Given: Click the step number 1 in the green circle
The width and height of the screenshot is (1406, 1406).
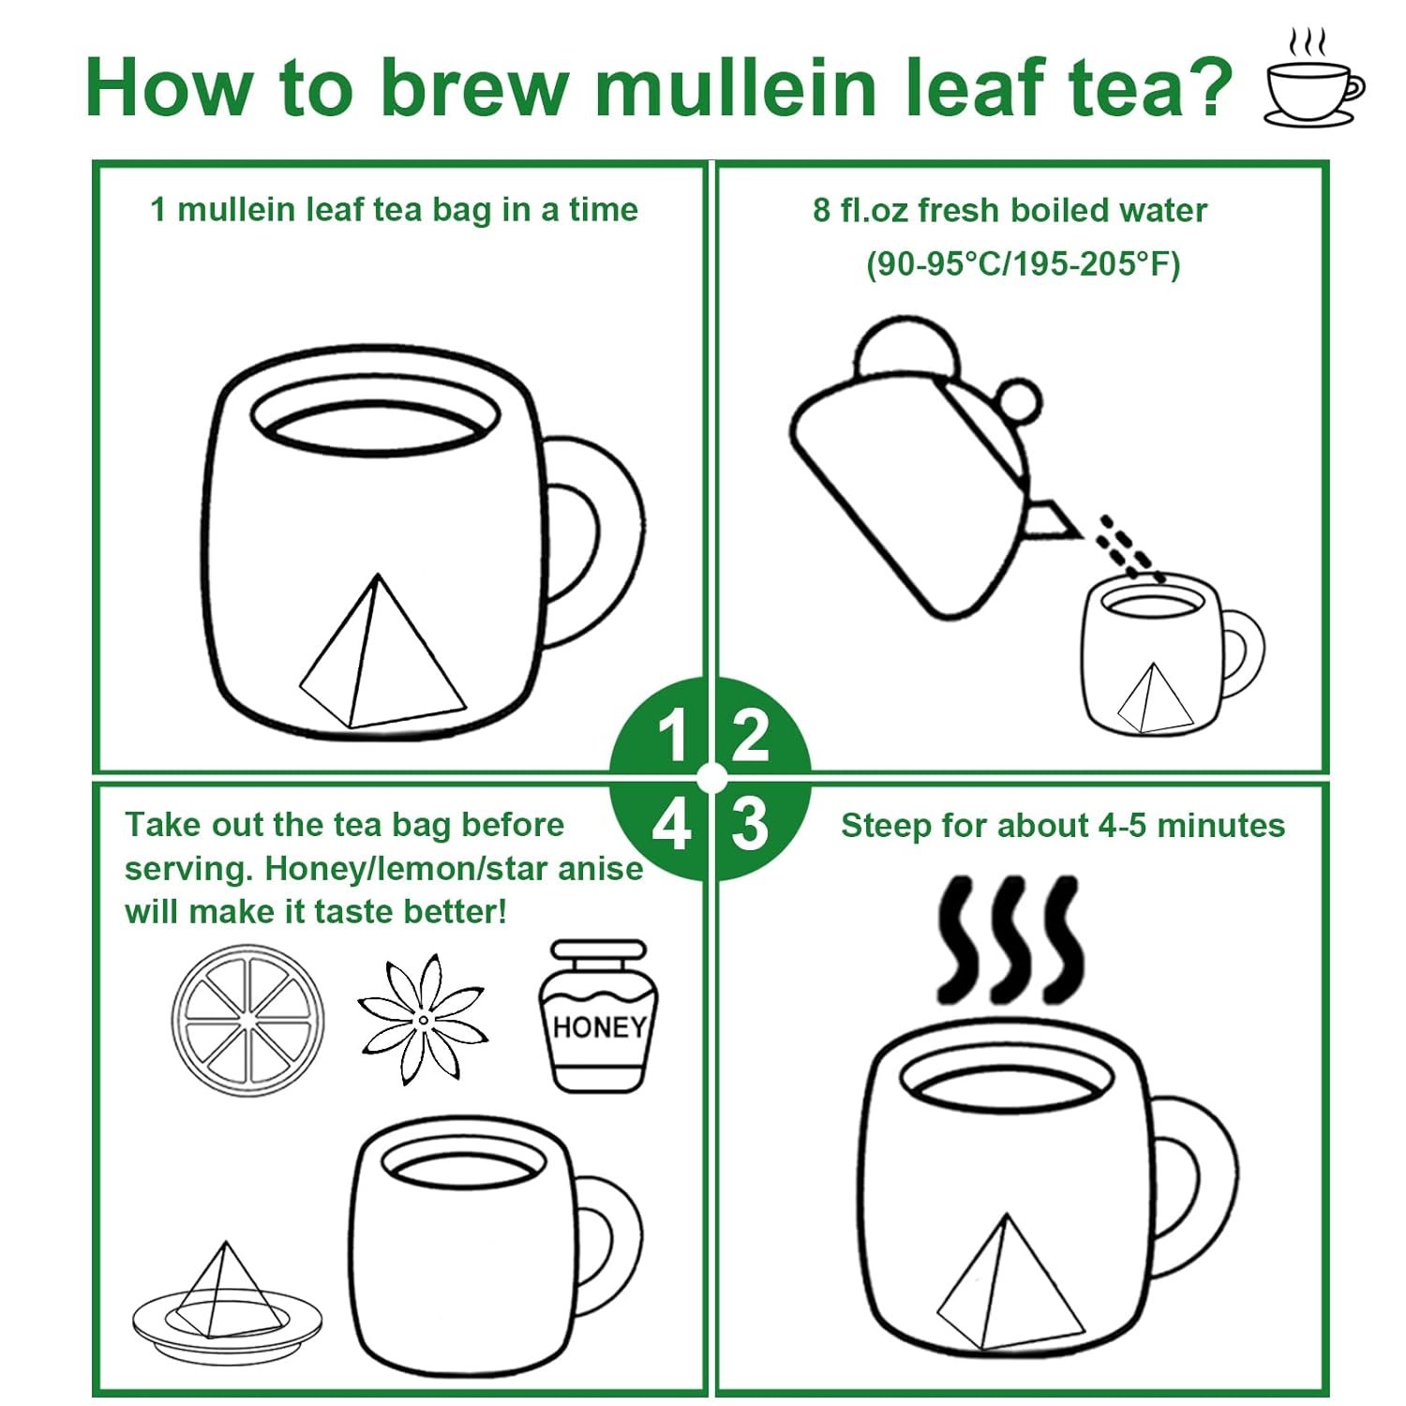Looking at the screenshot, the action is (x=673, y=736).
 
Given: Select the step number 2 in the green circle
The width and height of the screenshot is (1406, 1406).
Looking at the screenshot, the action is (x=750, y=736).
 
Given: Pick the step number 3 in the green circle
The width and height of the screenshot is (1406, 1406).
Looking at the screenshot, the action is (x=750, y=825).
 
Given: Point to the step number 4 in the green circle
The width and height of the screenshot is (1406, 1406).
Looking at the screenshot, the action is (x=671, y=826).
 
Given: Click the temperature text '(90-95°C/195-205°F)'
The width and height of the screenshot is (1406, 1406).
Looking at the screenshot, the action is (x=1023, y=263).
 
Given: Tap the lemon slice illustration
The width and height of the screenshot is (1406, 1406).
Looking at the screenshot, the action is (x=247, y=1020).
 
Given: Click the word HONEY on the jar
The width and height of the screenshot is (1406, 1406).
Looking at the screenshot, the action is (x=599, y=1027).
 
